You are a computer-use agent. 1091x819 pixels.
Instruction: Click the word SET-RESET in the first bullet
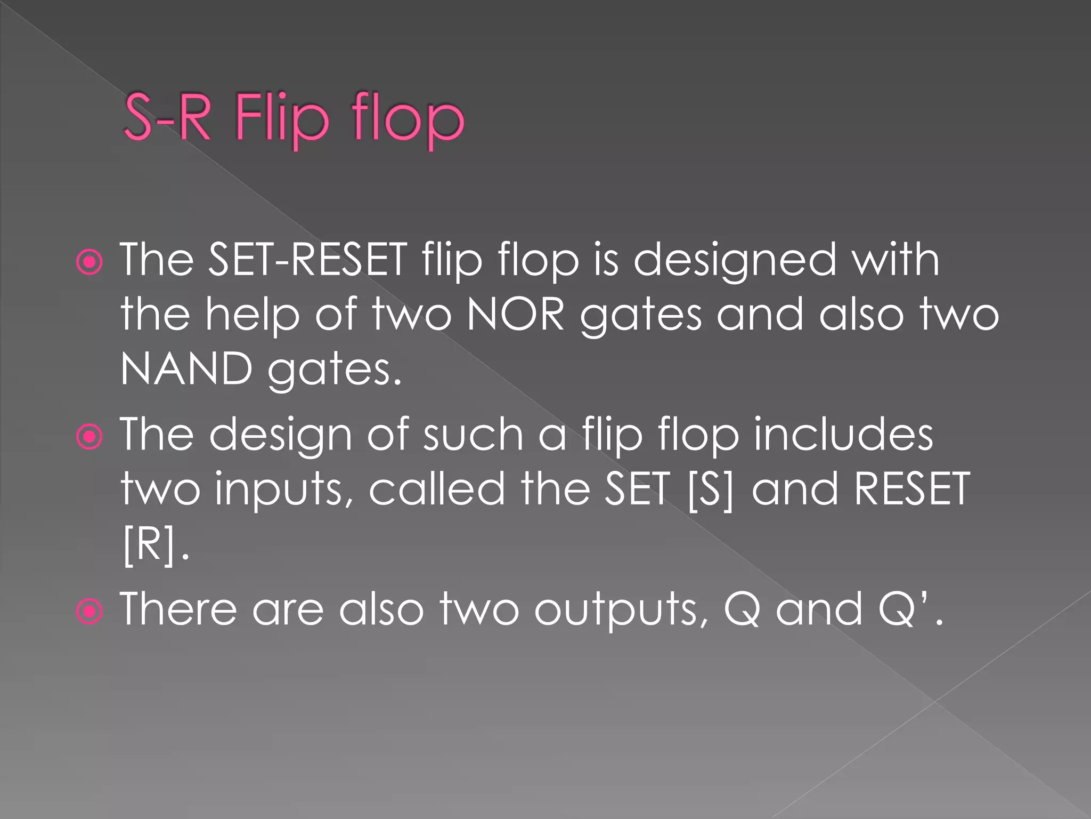pos(307,260)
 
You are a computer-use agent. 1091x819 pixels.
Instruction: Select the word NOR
pos(516,315)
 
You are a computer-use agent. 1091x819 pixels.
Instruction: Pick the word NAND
pos(186,369)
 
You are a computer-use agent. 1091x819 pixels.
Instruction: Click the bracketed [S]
pos(710,489)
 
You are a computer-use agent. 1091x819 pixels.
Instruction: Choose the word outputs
pos(621,609)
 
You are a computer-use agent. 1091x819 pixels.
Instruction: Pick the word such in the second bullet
pos(473,435)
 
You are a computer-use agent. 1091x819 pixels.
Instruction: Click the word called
pos(436,489)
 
